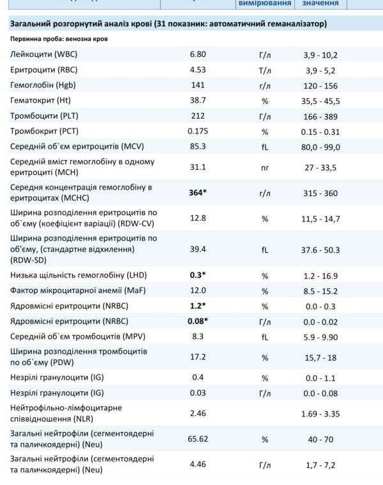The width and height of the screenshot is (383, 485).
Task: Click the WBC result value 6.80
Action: pyautogui.click(x=198, y=55)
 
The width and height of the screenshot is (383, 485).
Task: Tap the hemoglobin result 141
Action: pyautogui.click(x=198, y=86)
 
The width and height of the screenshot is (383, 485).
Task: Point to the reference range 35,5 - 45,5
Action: pyautogui.click(x=322, y=101)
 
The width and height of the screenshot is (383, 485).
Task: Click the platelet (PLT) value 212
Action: pyautogui.click(x=198, y=116)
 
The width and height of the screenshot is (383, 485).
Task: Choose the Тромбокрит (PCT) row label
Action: pyautogui.click(x=45, y=131)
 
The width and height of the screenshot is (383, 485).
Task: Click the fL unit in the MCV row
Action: pyautogui.click(x=265, y=147)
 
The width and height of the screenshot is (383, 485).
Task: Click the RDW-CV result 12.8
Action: pyautogui.click(x=198, y=218)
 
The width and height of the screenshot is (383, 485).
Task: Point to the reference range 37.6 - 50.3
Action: pyautogui.click(x=322, y=249)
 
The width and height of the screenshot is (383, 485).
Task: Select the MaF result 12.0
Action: pyautogui.click(x=198, y=291)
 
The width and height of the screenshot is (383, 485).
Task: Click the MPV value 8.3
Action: pyautogui.click(x=198, y=337)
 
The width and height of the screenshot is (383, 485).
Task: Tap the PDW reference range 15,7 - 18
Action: pyautogui.click(x=322, y=357)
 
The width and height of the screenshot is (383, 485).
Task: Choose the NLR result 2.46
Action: pyautogui.click(x=198, y=413)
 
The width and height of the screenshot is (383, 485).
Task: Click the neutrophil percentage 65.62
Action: pyautogui.click(x=198, y=439)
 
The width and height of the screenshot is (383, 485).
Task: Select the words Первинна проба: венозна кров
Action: pyautogui.click(x=59, y=40)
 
